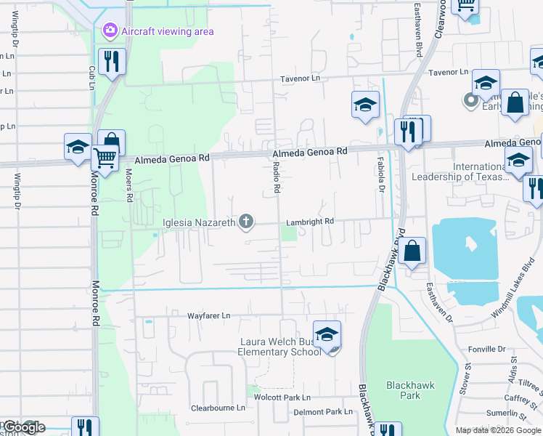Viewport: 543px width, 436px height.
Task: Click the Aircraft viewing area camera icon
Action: coord(110,31)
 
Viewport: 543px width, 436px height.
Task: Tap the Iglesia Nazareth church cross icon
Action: coord(247,222)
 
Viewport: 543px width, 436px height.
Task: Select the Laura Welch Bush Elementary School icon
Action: coord(327,335)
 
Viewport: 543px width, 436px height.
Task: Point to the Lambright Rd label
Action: coord(309,221)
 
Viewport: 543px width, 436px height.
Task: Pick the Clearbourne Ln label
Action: coord(218,408)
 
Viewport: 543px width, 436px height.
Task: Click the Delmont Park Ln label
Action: coord(323,412)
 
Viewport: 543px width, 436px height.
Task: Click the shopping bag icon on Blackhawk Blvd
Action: coord(412,251)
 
